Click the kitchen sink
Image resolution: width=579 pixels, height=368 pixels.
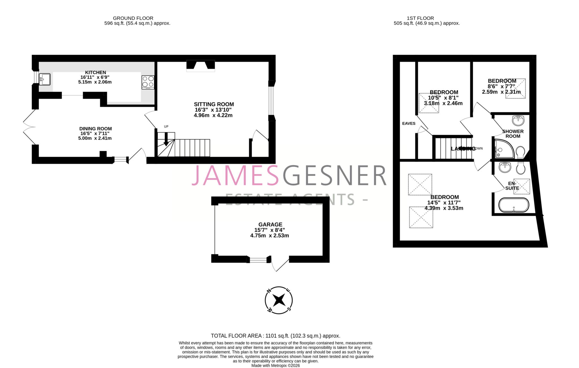[45, 79]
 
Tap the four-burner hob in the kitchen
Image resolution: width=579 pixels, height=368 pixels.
[148, 82]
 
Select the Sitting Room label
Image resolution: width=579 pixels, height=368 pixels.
[214, 104]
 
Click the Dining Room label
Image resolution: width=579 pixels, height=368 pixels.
[96, 129]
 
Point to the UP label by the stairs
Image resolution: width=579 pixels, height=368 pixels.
[166, 127]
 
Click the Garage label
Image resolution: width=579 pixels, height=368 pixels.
[270, 225]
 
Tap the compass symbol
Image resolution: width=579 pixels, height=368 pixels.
[278, 300]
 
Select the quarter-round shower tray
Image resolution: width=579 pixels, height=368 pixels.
[504, 149]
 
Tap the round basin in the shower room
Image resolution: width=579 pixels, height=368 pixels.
[518, 121]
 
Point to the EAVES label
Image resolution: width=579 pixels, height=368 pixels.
[409, 123]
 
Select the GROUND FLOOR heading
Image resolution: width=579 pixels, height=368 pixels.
[133, 18]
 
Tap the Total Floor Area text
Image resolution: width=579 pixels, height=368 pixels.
[275, 336]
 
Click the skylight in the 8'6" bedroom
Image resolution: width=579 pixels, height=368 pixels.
[515, 88]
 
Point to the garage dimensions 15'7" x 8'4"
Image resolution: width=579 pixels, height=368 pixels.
[269, 230]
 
